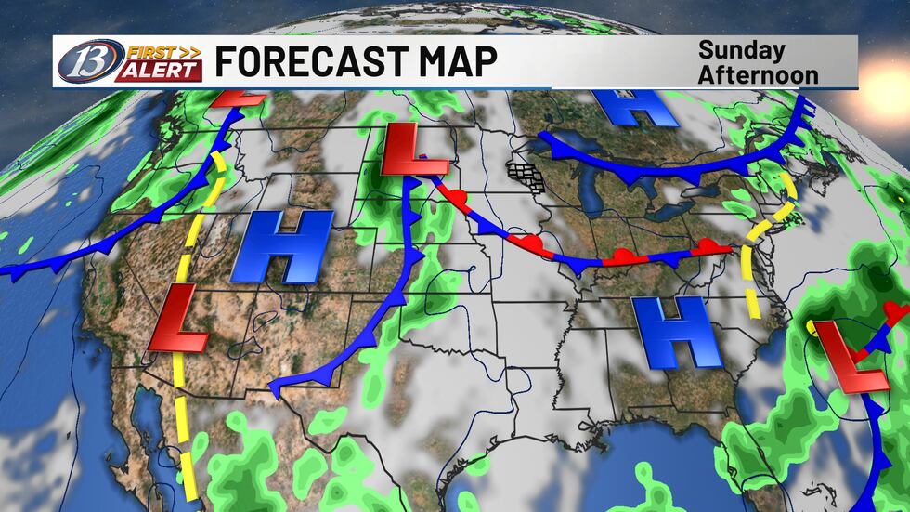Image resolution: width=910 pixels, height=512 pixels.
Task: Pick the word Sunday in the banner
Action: [x=741, y=50]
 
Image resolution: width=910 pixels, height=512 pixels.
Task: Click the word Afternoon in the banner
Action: [x=759, y=73]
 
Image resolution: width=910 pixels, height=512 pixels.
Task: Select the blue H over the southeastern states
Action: [x=676, y=333]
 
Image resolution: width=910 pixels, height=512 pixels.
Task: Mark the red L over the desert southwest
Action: [x=179, y=321]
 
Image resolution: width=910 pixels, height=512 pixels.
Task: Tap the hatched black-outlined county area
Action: [x=525, y=176]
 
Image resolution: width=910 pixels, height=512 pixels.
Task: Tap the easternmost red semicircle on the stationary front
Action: [x=710, y=245]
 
